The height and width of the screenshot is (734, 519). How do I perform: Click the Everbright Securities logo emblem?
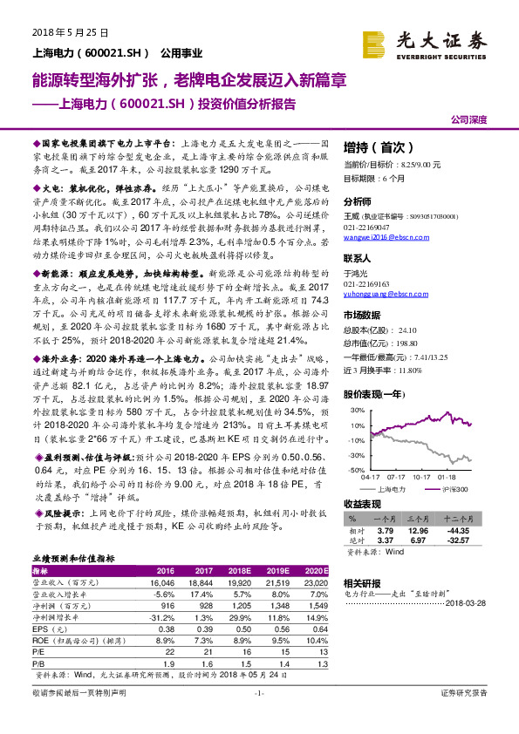pos(375,43)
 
